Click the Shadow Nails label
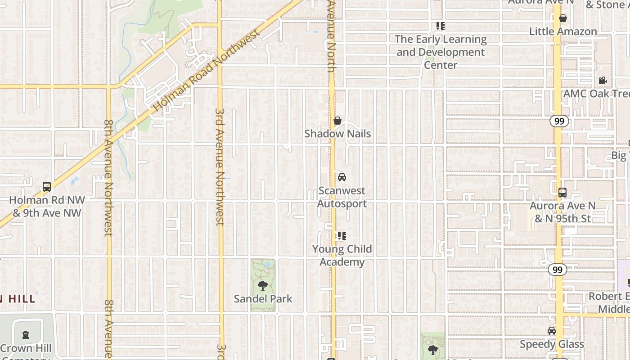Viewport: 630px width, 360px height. point(337,134)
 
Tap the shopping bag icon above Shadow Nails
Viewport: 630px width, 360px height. point(337,121)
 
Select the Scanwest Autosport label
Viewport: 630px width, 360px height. point(342,197)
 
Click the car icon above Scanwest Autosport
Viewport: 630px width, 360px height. point(342,177)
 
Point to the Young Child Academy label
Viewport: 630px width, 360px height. point(342,255)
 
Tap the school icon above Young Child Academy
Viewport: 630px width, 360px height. point(342,235)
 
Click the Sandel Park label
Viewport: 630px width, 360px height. point(263,298)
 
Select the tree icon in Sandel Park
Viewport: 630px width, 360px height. point(263,285)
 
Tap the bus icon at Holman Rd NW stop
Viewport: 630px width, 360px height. point(46,187)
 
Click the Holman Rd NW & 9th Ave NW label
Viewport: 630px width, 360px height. point(47,206)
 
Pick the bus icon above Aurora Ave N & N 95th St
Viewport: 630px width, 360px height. point(562,193)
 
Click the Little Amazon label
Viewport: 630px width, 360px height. point(563,31)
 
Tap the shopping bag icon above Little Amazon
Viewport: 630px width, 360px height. point(562,18)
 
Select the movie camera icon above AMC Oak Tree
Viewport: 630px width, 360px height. point(603,81)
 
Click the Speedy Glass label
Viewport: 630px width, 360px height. point(552,344)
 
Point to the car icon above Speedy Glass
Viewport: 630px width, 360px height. point(551,331)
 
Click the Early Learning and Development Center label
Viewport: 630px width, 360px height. point(441,52)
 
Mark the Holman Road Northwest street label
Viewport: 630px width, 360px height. point(207,71)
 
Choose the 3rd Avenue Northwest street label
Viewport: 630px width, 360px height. point(220,166)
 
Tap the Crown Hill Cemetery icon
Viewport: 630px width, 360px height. point(26,335)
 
